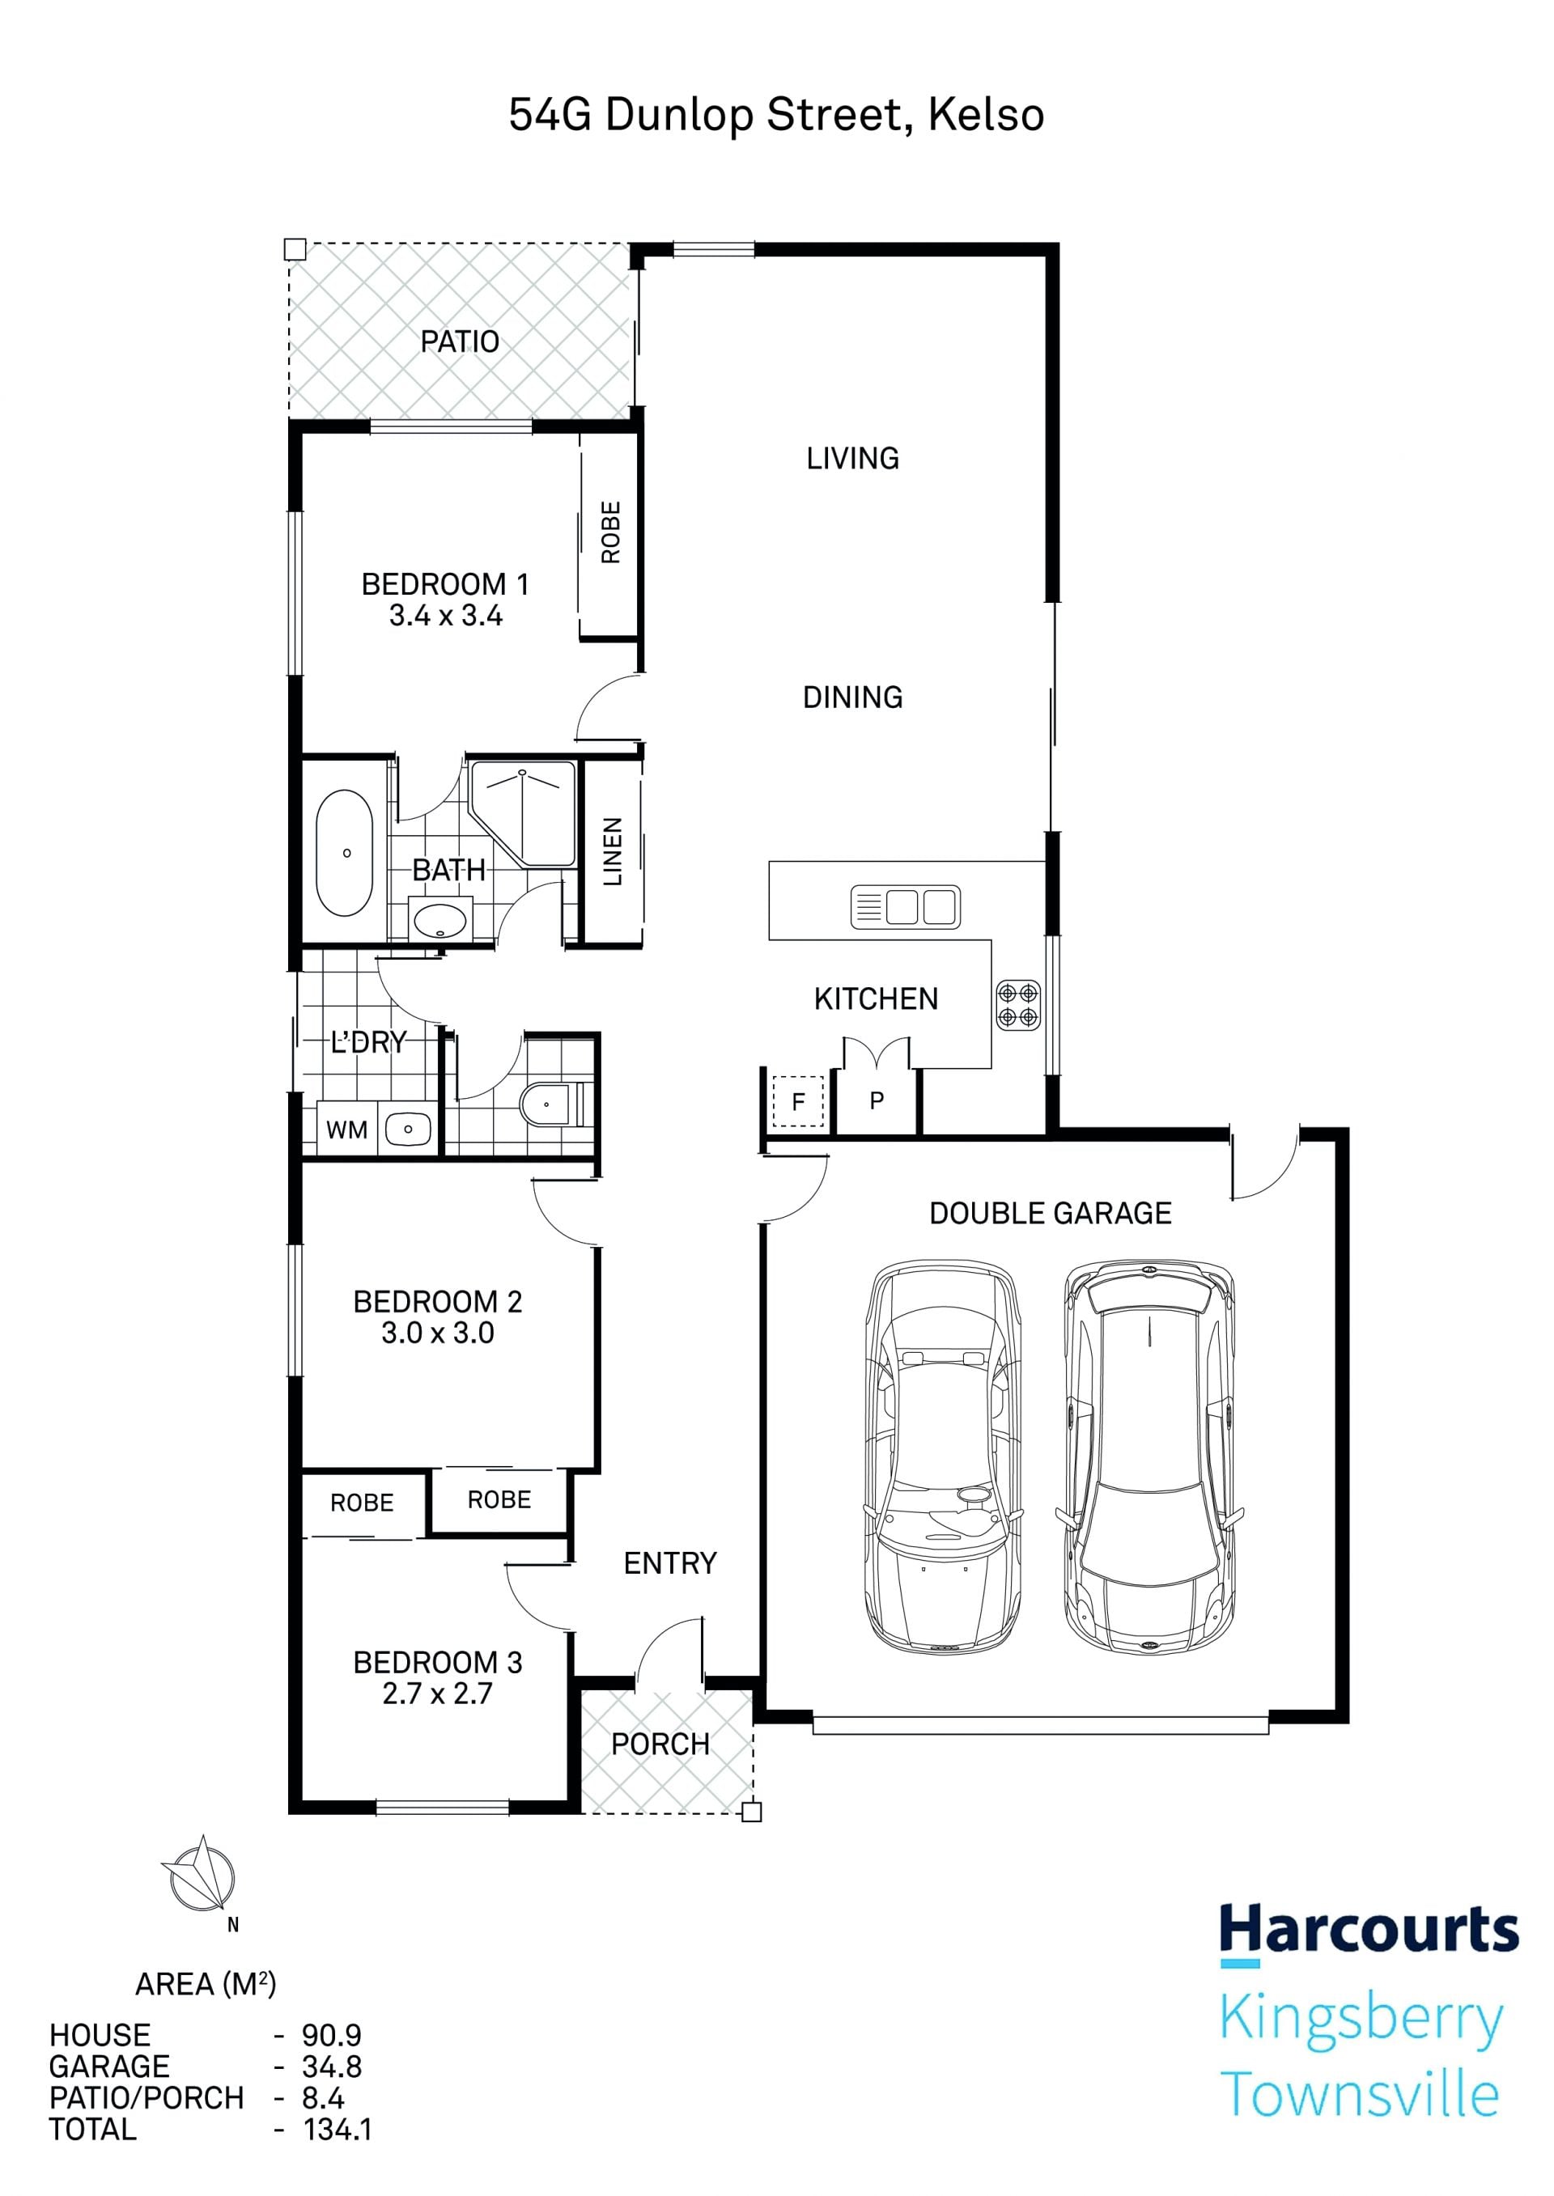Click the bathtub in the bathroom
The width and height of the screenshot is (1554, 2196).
pos(345,853)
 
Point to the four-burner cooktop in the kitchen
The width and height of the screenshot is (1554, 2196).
pos(1018,1004)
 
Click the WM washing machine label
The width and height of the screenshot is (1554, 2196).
pos(346,1130)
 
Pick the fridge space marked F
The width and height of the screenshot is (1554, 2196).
pos(798,1102)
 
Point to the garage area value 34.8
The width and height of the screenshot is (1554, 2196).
pos(332,2066)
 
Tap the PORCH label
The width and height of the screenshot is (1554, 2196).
pos(660,1744)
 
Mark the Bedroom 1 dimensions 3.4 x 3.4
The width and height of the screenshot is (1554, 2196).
pos(446,615)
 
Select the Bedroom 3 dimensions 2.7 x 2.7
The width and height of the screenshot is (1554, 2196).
pos(437,1693)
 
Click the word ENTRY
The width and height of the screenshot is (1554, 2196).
pos(670,1562)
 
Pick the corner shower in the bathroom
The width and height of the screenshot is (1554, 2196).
pos(523,814)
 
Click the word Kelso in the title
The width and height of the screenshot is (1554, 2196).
pos(986,115)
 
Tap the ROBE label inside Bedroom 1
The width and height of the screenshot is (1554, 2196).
pos(610,532)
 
